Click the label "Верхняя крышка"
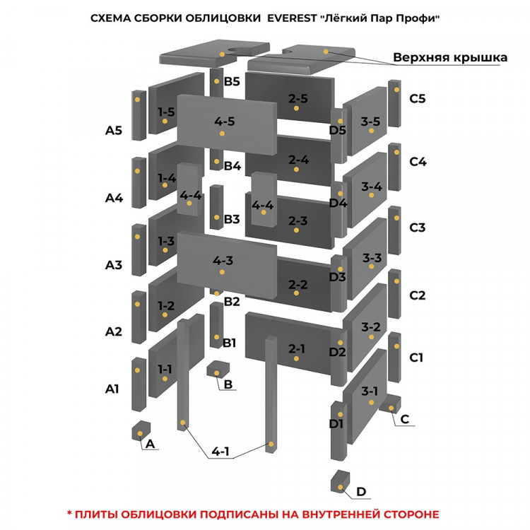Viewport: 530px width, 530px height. [449, 57]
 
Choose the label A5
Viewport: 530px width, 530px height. [114, 130]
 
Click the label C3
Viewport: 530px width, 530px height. [417, 228]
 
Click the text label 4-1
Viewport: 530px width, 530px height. [220, 452]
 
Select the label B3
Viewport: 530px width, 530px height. [232, 219]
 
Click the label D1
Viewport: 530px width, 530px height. [336, 424]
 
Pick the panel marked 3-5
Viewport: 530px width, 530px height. [370, 124]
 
